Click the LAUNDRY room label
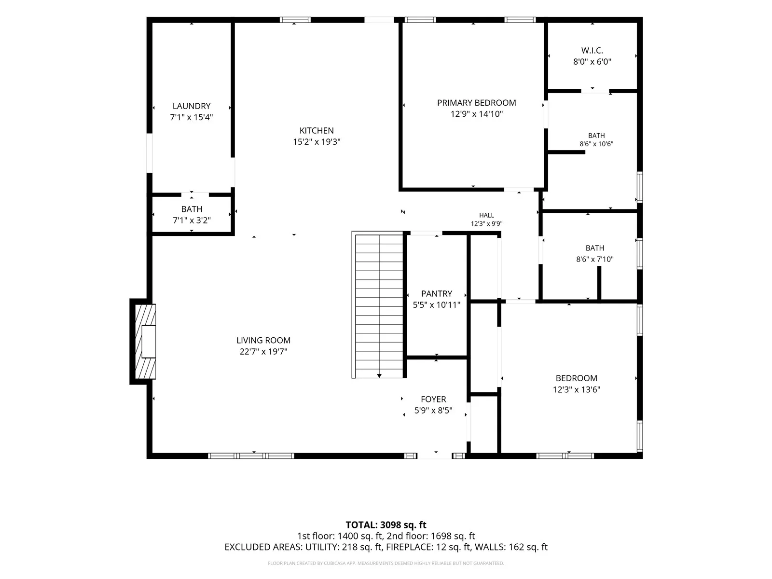point(192,106)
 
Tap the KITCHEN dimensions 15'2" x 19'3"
point(317,142)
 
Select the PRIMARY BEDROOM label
point(477,103)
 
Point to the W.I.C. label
point(592,51)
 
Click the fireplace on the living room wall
point(143,341)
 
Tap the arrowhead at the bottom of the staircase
point(379,376)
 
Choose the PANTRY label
point(437,293)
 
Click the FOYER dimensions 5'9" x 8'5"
point(433,410)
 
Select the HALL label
point(486,215)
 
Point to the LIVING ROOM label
point(263,340)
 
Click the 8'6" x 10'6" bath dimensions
point(596,144)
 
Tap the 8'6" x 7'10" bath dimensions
point(595,260)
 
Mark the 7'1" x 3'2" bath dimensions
point(192,221)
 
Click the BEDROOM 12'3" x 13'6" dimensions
point(577,389)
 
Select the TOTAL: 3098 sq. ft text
point(386,525)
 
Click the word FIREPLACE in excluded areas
point(410,547)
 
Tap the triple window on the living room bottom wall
point(251,456)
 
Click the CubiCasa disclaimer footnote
point(386,563)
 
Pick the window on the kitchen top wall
point(295,20)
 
